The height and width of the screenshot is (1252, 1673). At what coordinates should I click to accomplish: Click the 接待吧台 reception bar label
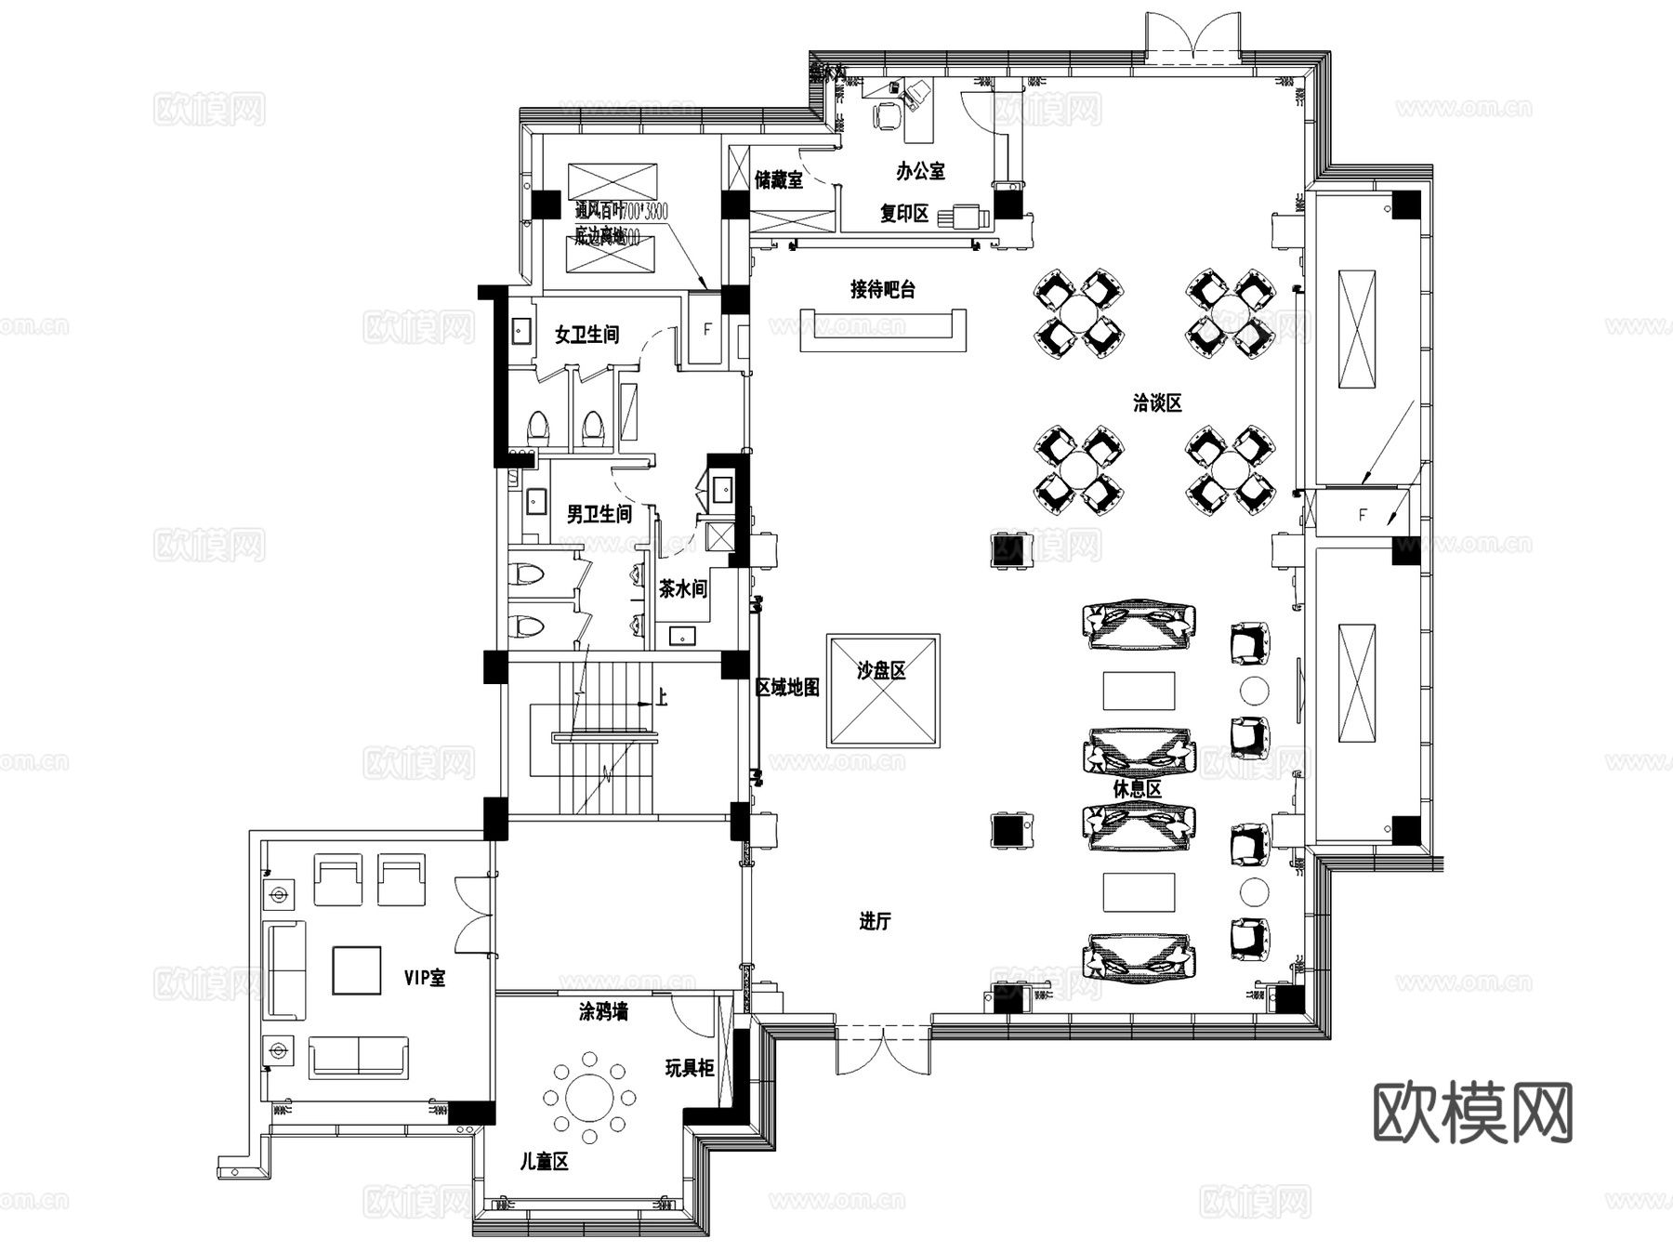tap(882, 290)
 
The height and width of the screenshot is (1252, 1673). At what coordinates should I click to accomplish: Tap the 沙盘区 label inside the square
tap(881, 671)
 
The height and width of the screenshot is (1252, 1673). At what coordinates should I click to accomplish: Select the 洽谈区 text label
tap(1157, 403)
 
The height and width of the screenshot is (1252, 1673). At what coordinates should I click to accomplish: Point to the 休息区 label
tap(1138, 789)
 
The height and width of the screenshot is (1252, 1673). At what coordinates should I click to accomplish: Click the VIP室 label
tap(425, 978)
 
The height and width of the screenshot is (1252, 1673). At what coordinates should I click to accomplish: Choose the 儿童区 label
tap(544, 1162)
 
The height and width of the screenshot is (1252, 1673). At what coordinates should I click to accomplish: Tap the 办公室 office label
tap(920, 172)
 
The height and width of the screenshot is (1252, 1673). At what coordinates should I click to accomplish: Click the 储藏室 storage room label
tap(779, 180)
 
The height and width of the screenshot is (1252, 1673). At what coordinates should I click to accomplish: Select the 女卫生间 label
tap(586, 335)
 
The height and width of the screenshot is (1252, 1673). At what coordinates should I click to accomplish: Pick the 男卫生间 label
tap(599, 514)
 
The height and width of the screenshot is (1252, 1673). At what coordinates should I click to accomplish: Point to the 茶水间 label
tap(683, 589)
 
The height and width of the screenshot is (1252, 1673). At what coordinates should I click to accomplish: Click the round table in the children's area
tap(590, 1098)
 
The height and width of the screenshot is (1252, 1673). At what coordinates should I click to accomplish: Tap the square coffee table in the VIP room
tap(357, 970)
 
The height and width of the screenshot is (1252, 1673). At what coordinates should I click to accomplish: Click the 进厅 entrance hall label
tap(875, 922)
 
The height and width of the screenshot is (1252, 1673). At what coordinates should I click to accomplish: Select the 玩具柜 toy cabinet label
tap(690, 1069)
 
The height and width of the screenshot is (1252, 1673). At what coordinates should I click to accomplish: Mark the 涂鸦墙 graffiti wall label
tap(603, 1012)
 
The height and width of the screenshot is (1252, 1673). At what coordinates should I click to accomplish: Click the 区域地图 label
tap(787, 688)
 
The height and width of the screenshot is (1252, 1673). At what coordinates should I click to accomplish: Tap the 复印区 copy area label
tap(904, 214)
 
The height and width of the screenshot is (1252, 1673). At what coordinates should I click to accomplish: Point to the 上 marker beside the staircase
tap(662, 697)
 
